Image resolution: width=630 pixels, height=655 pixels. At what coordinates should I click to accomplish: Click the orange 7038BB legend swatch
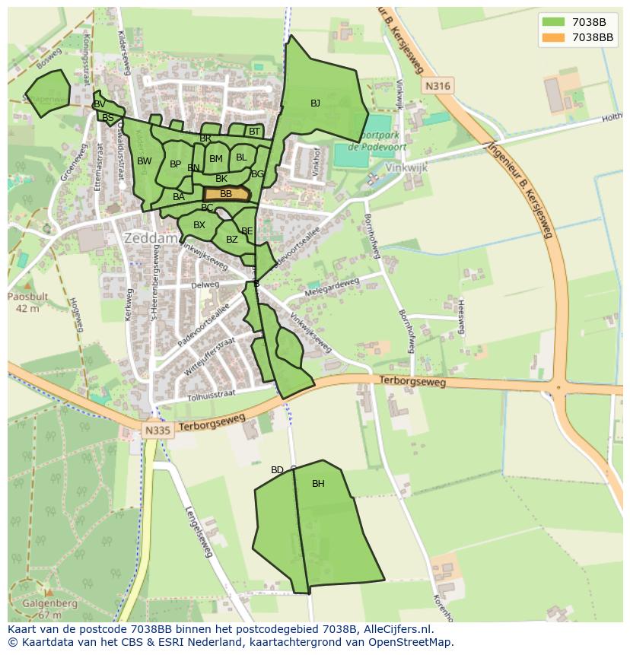pos(553,37)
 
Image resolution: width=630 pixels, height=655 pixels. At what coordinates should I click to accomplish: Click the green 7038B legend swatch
pos(553,22)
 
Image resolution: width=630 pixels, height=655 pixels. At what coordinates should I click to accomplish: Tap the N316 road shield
pos(437,86)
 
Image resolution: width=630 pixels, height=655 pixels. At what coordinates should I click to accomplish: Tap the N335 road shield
pos(158,431)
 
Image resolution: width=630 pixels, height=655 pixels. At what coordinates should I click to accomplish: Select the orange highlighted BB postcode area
pos(226,195)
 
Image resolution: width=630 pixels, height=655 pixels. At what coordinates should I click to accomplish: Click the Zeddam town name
pos(151,238)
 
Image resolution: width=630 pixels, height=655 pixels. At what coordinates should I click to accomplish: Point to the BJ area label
pos(315,103)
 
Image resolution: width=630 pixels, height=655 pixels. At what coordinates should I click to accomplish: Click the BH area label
pos(318,483)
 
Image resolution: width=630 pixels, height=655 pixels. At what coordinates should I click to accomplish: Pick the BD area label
pos(277,470)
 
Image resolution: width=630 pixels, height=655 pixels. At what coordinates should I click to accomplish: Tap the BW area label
pos(145,161)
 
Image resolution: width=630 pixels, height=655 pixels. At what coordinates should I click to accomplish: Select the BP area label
pos(175,164)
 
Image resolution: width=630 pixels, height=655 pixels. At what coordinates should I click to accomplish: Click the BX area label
pos(199,225)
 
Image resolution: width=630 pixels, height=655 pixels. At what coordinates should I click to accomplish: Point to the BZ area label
pos(232,240)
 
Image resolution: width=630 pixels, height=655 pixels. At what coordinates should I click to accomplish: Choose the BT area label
pos(254,132)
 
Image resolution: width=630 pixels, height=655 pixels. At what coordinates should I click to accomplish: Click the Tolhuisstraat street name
pos(211,394)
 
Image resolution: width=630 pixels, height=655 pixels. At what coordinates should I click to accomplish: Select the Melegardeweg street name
pos(331,287)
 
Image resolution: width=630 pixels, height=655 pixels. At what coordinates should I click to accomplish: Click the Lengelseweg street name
pos(198,532)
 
